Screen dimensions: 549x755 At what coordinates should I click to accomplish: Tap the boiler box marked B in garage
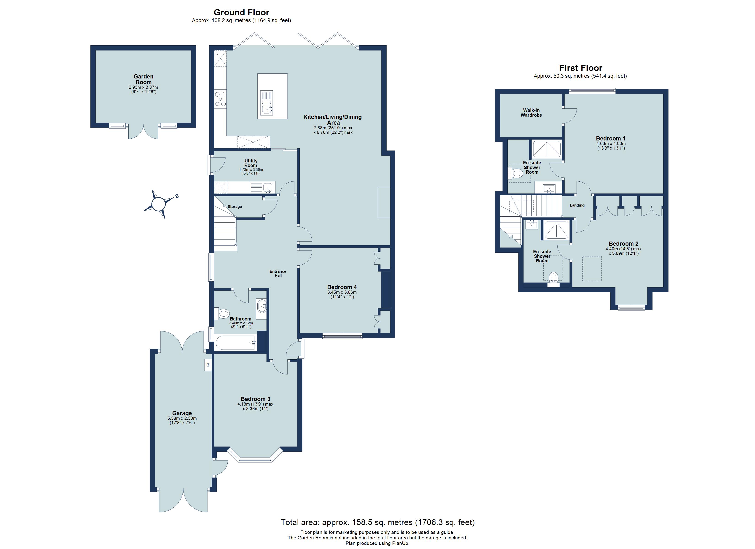tap(208, 365)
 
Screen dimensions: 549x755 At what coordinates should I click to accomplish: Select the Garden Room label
tap(143, 79)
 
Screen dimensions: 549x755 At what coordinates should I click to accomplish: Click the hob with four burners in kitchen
tap(220, 99)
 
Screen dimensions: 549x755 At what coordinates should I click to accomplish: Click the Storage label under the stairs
tap(235, 207)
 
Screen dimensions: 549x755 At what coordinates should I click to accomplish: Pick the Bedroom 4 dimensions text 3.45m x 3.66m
tap(342, 292)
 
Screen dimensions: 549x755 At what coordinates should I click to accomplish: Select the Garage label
tap(182, 413)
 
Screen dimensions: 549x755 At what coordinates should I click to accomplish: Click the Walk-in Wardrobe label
tap(531, 113)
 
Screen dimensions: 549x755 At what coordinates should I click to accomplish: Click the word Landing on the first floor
tap(577, 205)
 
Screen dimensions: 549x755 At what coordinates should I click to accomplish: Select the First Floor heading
tap(581, 68)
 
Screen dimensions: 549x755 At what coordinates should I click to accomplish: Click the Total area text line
tap(377, 522)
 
